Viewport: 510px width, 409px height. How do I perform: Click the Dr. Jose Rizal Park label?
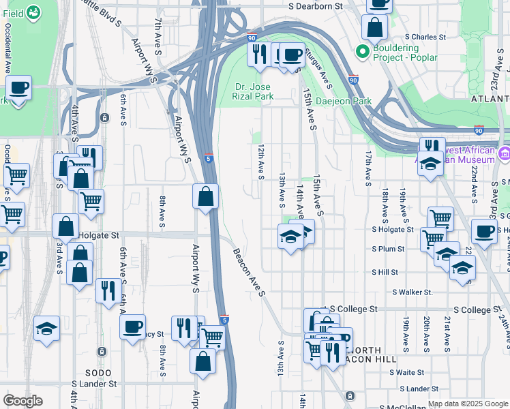click(254, 91)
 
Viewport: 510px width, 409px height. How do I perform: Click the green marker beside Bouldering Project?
click(361, 51)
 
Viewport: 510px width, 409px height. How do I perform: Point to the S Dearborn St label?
click(314, 6)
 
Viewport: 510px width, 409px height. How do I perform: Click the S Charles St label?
click(425, 37)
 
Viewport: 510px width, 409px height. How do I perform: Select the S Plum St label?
click(389, 249)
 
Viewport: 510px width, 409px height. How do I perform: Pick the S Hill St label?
click(385, 272)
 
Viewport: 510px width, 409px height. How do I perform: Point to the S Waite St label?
click(407, 372)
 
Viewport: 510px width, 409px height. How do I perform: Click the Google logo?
click(22, 400)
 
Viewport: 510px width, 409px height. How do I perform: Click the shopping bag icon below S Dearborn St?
click(374, 29)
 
